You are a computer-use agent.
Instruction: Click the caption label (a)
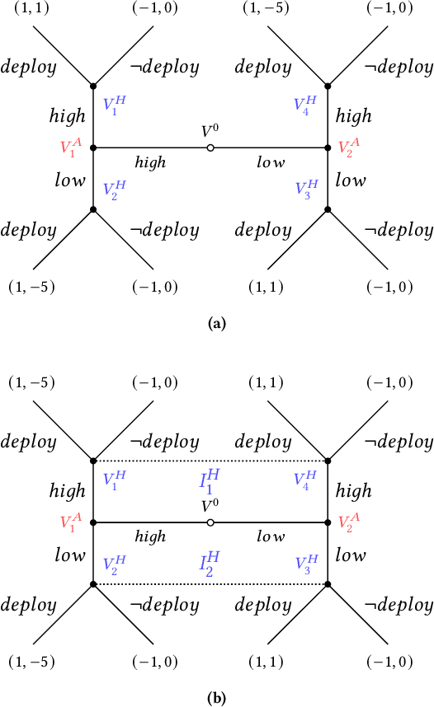tap(217, 324)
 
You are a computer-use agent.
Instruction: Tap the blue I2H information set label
tap(211, 564)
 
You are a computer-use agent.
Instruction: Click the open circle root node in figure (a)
tap(211, 147)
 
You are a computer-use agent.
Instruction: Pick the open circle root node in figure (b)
tap(211, 522)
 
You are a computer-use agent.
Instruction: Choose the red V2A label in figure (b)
tap(349, 522)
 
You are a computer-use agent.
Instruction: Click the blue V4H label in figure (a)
tap(304, 105)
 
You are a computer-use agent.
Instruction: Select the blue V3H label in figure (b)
tap(305, 564)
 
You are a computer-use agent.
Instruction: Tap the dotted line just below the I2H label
tap(211, 584)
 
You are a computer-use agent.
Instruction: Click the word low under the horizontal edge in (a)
tap(271, 163)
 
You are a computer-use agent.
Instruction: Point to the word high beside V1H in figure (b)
tap(67, 491)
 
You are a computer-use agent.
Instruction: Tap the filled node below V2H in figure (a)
tap(94, 209)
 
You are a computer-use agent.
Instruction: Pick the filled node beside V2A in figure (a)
tap(328, 147)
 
